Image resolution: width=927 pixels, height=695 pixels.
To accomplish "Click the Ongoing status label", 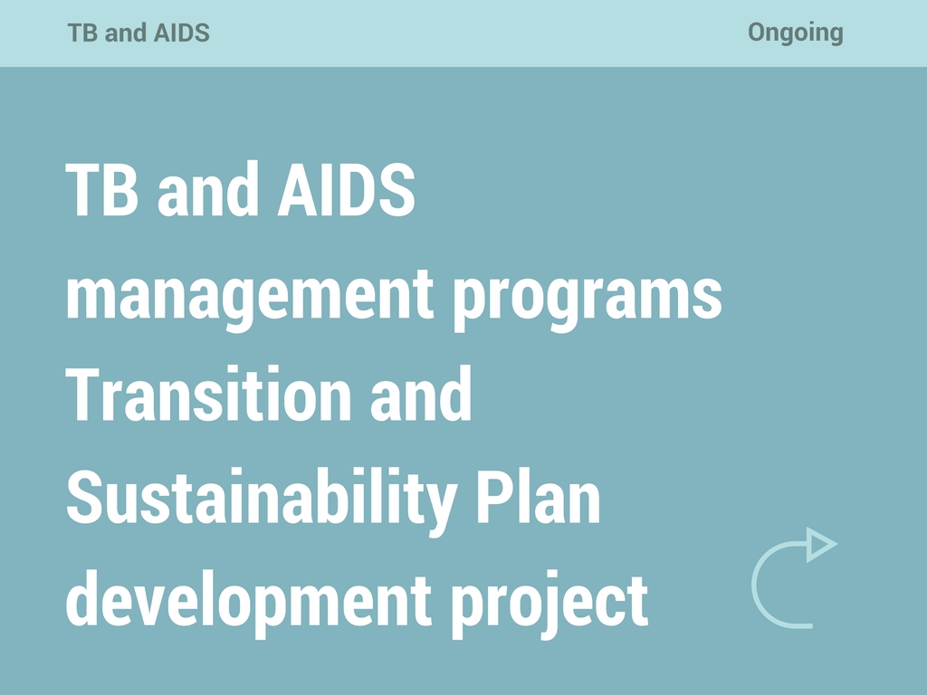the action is pos(795,33).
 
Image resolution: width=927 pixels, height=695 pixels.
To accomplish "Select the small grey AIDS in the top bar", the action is pos(181,33).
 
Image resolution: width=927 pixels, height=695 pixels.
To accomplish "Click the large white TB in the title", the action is pos(101,190).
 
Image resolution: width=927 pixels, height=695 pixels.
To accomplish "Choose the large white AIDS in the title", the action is pos(347,190).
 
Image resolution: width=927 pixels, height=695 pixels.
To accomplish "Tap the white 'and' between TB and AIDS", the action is pos(207,188).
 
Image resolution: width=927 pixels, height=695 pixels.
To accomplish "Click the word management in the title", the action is pos(250,296).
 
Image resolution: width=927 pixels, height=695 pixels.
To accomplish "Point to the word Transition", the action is pos(208,394).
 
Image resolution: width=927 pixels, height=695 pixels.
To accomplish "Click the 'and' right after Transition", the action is pos(421,393).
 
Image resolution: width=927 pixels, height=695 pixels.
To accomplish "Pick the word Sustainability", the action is pos(262,500).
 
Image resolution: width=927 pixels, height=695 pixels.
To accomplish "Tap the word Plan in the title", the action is pos(538,498).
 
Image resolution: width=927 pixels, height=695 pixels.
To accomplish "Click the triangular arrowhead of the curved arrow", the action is pos(818,544).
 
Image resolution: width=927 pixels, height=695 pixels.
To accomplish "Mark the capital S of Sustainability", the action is pos(84,498).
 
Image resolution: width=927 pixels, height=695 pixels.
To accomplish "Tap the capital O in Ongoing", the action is pos(759,33).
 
